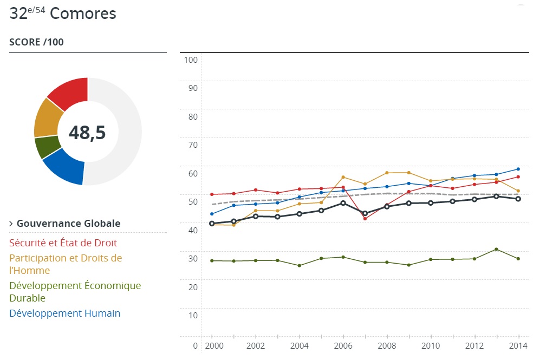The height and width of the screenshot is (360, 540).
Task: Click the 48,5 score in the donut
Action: (x=87, y=132)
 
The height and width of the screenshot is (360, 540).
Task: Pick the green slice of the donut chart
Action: (x=45, y=147)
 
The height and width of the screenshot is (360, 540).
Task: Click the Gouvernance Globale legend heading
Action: (x=68, y=224)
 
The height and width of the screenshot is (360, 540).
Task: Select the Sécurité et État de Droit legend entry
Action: (x=63, y=243)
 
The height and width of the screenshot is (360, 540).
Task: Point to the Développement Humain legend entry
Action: (x=64, y=313)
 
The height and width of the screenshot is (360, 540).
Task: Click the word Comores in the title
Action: (x=83, y=14)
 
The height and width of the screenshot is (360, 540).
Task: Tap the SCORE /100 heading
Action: (x=36, y=42)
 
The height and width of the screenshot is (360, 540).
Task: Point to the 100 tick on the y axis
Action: (x=190, y=60)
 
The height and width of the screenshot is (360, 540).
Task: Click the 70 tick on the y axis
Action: (x=192, y=145)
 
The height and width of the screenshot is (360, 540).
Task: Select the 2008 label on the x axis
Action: (x=387, y=345)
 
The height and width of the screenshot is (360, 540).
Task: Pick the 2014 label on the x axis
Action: (x=518, y=345)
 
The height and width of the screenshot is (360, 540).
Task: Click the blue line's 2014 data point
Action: (x=518, y=169)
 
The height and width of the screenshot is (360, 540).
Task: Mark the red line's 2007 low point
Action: (x=365, y=219)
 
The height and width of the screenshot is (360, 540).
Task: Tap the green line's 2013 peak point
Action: (x=496, y=249)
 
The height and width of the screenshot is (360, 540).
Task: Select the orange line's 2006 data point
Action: (x=343, y=177)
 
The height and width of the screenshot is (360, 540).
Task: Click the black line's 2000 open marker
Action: (x=212, y=224)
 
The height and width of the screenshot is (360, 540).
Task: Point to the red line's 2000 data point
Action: (x=212, y=194)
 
